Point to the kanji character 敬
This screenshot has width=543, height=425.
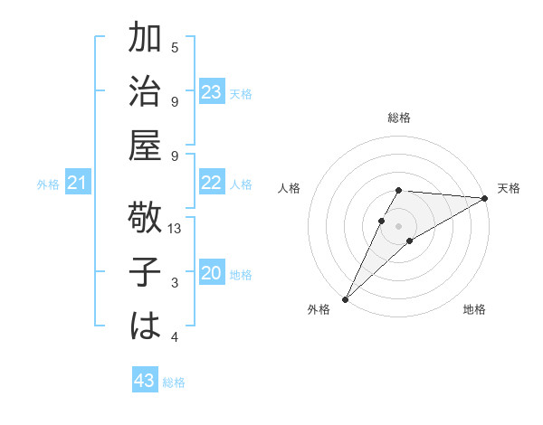click(145, 219)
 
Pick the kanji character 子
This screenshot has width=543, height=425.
click(145, 273)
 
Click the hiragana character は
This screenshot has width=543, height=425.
click(145, 327)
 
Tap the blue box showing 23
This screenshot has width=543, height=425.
click(212, 92)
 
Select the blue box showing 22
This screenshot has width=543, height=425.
click(212, 183)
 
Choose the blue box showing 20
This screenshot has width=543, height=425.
click(212, 273)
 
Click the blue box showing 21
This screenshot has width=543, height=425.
click(78, 184)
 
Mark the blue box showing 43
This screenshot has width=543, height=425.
click(145, 381)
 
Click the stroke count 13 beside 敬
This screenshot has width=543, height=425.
click(176, 229)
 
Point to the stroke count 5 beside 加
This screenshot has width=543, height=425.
click(175, 47)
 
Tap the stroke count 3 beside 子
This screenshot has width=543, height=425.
click(175, 283)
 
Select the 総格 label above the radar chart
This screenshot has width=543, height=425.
click(399, 118)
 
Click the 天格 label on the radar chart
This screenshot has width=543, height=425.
click(509, 188)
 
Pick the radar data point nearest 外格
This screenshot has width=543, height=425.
click(345, 298)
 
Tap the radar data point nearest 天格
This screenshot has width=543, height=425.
click(486, 198)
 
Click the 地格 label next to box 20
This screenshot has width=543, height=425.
click(241, 274)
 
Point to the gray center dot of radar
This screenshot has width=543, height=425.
click(399, 224)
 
